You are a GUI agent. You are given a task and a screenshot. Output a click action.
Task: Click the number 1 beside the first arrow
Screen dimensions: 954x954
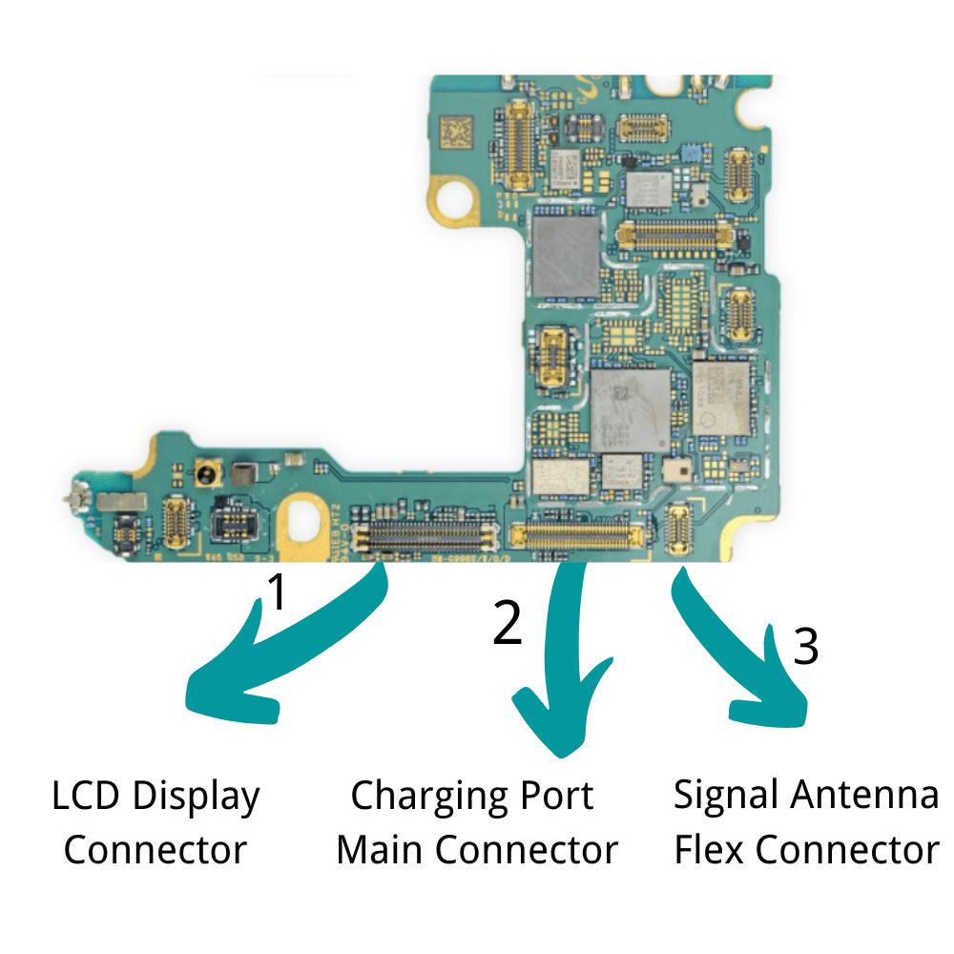click(275, 591)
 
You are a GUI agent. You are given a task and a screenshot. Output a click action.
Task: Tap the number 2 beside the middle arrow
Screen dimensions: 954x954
click(508, 623)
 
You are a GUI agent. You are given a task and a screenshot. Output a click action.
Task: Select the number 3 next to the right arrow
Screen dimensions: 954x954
click(806, 647)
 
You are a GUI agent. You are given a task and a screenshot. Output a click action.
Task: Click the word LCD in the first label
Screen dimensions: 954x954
click(87, 796)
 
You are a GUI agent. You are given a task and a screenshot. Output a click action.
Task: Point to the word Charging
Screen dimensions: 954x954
click(425, 796)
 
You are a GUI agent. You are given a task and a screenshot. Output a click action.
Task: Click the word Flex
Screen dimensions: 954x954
click(711, 849)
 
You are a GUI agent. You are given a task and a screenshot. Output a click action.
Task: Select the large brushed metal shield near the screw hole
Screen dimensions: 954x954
click(567, 255)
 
